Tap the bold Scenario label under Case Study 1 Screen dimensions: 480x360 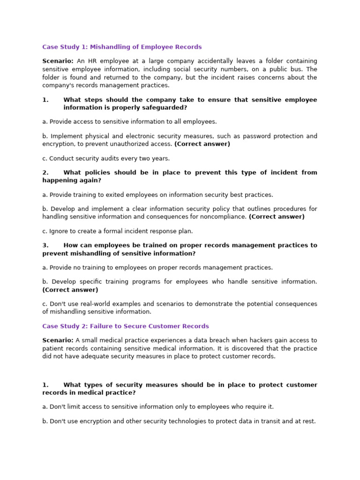(58, 61)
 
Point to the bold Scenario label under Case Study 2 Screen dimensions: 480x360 (58, 340)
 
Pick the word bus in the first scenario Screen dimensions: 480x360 (288, 69)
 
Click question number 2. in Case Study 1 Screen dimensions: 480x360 (45, 172)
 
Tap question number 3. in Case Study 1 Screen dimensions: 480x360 (45, 245)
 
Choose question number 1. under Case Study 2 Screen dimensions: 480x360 (45, 385)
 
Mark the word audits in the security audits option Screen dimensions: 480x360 (106, 158)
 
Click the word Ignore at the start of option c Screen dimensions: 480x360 (60, 231)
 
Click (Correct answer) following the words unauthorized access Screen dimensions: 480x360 (202, 144)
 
